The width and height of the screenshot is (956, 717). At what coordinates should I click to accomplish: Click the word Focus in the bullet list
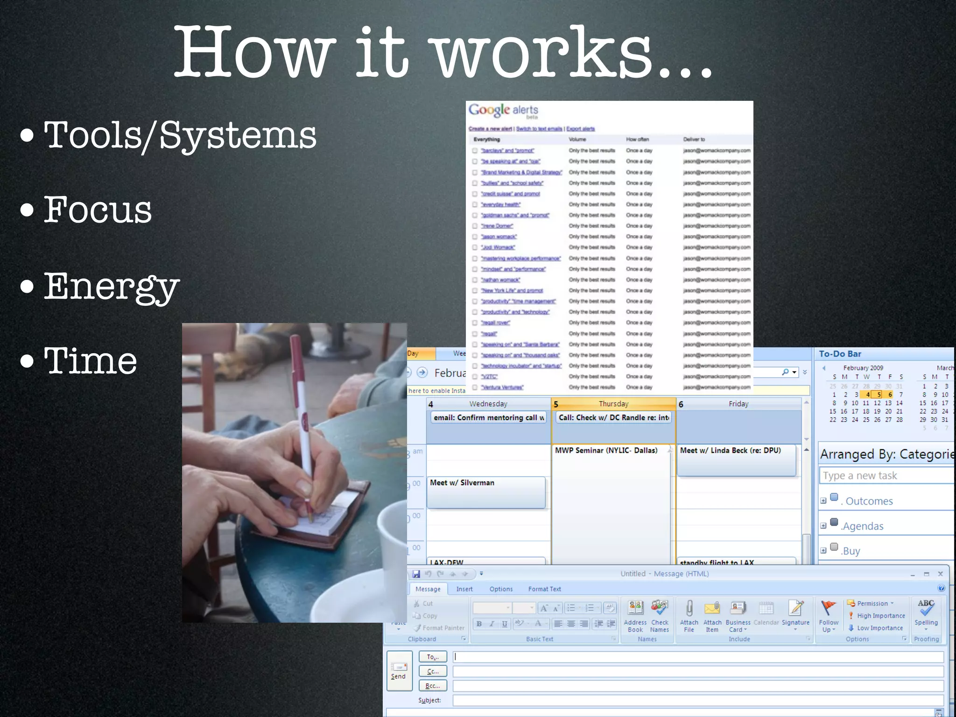tap(98, 210)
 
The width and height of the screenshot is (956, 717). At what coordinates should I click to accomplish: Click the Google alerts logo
tap(503, 111)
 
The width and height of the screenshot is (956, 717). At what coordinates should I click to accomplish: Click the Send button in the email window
tap(399, 670)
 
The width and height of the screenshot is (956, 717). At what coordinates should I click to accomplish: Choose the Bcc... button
tap(433, 686)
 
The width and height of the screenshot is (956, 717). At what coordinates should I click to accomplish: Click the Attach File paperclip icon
tap(689, 609)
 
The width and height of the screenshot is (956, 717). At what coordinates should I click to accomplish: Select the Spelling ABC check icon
tap(926, 608)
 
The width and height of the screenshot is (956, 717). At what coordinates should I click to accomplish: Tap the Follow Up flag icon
tap(828, 608)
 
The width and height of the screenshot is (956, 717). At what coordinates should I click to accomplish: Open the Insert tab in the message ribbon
tap(464, 589)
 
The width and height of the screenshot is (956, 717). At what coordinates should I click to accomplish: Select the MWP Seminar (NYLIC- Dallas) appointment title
tap(606, 450)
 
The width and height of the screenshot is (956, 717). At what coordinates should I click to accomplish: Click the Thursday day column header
tap(613, 404)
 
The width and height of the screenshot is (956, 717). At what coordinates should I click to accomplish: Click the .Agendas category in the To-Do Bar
tap(863, 526)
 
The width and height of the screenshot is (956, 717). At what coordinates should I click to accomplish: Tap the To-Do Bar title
tap(840, 354)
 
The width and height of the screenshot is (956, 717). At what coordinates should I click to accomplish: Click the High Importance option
tap(880, 616)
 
